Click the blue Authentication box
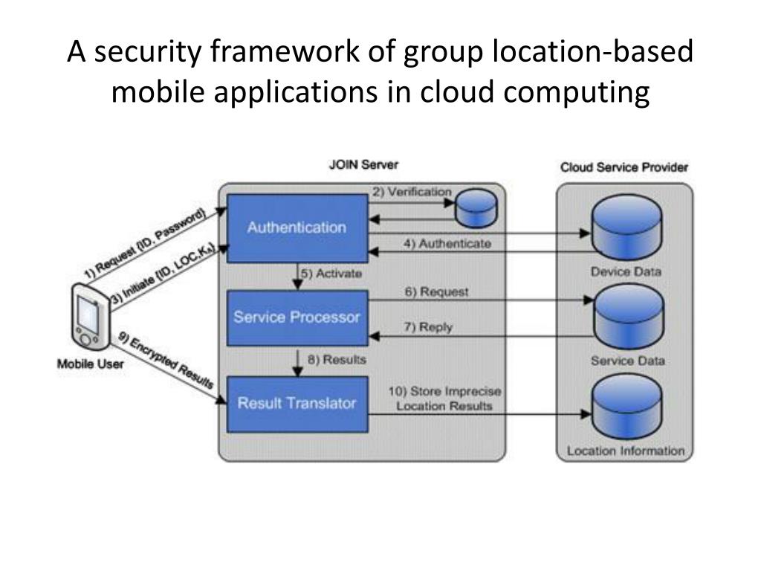pos(297,228)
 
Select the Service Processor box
pos(297,317)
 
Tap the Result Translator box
pos(297,404)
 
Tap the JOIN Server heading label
pos(363,164)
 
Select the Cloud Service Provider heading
pos(624,167)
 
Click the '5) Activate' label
pos(331,274)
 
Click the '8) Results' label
pos(336,360)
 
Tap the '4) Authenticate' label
pos(447,244)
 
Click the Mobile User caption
pos(91,364)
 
